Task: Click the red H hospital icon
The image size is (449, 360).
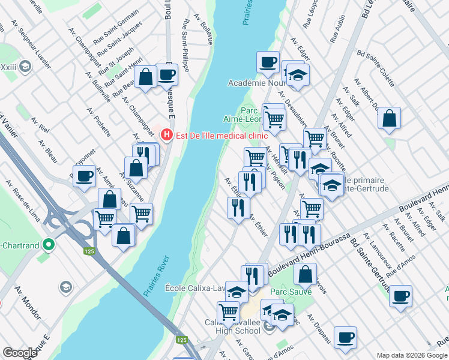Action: click(x=167, y=136)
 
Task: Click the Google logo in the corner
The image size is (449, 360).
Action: click(x=20, y=352)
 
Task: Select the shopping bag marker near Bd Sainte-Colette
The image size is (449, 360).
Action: click(x=390, y=118)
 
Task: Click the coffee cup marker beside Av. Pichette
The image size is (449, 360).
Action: click(x=85, y=176)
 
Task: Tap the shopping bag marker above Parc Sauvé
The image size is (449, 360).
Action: click(x=305, y=274)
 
